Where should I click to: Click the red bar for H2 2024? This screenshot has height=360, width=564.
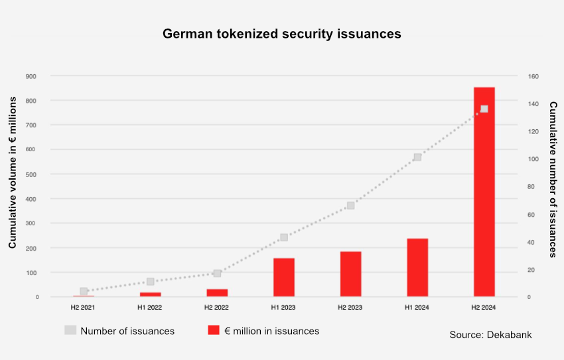point(484,192)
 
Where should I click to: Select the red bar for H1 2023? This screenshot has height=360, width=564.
point(284,277)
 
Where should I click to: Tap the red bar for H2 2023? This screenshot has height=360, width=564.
point(350,274)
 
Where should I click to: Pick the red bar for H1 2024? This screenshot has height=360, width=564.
point(417,267)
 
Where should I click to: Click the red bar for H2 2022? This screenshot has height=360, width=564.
point(217,292)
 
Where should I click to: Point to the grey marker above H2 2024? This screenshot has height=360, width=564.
point(484,109)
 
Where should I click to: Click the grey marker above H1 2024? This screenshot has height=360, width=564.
point(417,157)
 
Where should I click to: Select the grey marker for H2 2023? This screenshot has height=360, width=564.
point(350,206)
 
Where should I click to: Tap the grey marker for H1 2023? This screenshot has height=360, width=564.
point(284,237)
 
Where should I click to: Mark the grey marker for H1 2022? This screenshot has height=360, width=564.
point(151,282)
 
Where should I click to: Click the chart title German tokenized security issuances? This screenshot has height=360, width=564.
point(282,34)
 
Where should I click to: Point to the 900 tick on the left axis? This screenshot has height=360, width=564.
point(31,76)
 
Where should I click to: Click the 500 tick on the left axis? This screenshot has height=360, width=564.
point(31,174)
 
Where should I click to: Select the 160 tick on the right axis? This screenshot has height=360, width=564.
point(534,76)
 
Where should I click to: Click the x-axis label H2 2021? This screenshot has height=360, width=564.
point(83,308)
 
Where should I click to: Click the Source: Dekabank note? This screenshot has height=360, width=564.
point(490,335)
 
